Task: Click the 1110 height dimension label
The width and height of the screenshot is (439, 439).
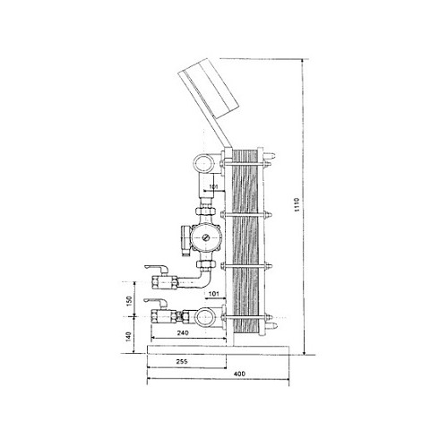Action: (297, 204)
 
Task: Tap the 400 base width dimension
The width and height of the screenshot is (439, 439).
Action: (239, 374)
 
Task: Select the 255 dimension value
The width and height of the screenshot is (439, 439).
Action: (182, 362)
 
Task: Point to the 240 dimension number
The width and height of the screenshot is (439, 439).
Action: (183, 333)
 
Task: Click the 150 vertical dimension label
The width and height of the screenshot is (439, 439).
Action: (129, 301)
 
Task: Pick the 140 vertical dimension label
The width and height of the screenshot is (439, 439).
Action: (128, 337)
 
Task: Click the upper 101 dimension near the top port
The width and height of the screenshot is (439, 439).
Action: (214, 186)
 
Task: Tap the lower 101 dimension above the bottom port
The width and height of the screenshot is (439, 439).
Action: (213, 294)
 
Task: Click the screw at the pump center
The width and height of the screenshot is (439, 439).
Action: (206, 237)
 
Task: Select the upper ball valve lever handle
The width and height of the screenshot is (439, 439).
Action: (156, 268)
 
